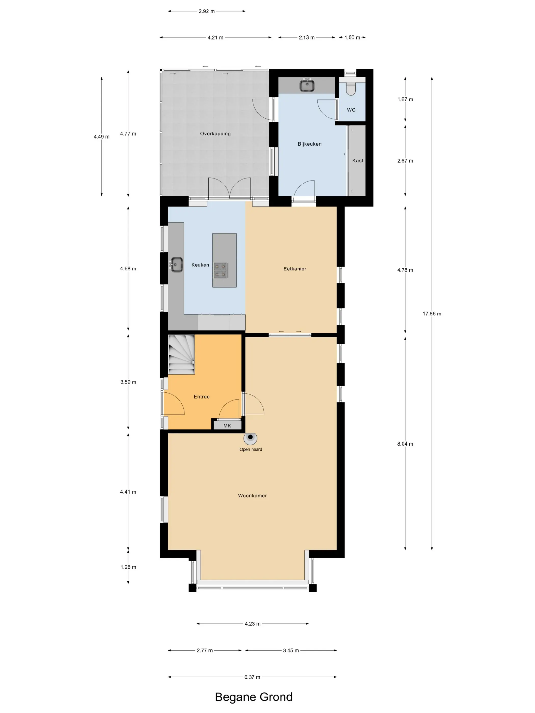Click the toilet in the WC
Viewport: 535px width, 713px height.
coord(351,88)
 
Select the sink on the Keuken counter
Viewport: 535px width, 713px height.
coord(176,264)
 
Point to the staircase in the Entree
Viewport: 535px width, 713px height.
coord(181,354)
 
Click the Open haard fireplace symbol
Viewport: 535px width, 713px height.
coord(250,438)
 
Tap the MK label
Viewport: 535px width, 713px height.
coord(227,426)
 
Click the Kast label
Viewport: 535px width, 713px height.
coord(358,160)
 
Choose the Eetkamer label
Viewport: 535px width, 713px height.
coord(295,268)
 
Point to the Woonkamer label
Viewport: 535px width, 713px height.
coord(252,496)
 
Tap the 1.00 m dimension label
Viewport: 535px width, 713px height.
coord(352,37)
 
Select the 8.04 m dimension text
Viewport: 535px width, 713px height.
coord(405,444)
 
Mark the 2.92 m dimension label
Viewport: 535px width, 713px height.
coord(206,11)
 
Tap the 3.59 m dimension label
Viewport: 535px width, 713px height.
coord(128,382)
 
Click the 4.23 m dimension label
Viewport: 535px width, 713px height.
coord(252,624)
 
